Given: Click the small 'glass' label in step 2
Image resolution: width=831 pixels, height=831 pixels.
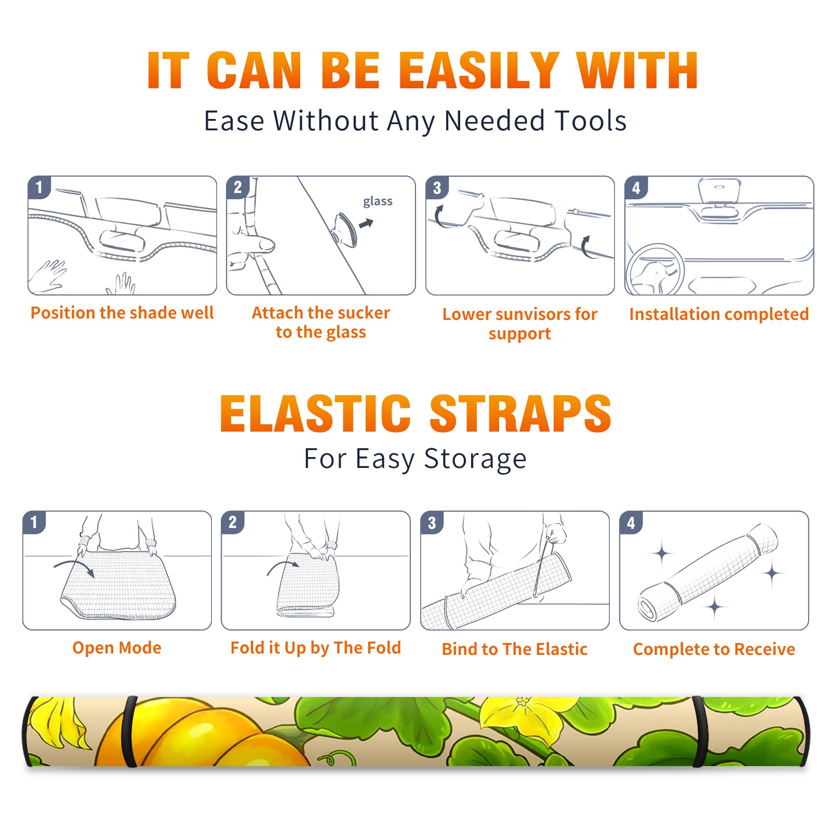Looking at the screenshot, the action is point(378,202).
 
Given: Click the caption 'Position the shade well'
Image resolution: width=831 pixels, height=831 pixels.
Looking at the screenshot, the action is point(122,313).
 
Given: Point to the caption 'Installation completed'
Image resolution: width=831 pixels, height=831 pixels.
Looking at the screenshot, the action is point(719,314).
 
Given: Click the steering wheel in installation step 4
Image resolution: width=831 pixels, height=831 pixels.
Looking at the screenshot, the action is point(655,270).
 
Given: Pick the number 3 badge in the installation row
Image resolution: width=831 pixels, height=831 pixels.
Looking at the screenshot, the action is point(437,187).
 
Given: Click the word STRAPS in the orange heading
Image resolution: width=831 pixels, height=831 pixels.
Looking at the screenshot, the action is point(520,413).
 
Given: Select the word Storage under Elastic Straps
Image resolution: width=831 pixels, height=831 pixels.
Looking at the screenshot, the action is point(475,459).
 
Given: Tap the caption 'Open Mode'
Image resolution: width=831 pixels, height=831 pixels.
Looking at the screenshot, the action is point(117,648).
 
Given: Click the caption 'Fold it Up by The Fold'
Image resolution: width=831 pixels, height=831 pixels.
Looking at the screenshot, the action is point(316,648).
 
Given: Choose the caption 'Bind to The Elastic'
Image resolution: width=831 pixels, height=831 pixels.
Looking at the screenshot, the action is point(515,649).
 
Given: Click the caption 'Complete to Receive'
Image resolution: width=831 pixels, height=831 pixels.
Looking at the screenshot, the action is point(714,649).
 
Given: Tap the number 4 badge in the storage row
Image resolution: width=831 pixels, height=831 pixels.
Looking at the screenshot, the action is point(631,522).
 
